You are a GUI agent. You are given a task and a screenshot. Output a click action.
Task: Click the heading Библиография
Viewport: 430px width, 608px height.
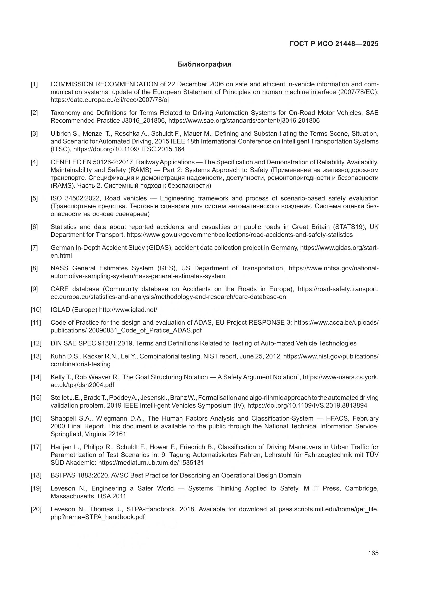[204, 64]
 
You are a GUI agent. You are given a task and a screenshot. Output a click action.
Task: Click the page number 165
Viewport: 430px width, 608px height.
[373, 553]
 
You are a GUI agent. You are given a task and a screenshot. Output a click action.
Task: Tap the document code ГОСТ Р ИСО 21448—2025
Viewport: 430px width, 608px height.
[334, 44]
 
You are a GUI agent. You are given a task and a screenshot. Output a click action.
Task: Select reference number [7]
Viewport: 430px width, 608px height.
[34, 248]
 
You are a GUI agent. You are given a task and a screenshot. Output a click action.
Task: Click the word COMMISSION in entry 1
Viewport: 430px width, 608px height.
[72, 84]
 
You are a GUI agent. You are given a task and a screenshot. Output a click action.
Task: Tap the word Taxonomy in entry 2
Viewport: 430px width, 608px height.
[65, 113]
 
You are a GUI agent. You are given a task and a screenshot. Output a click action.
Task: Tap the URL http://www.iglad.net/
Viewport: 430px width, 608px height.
[128, 310]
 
